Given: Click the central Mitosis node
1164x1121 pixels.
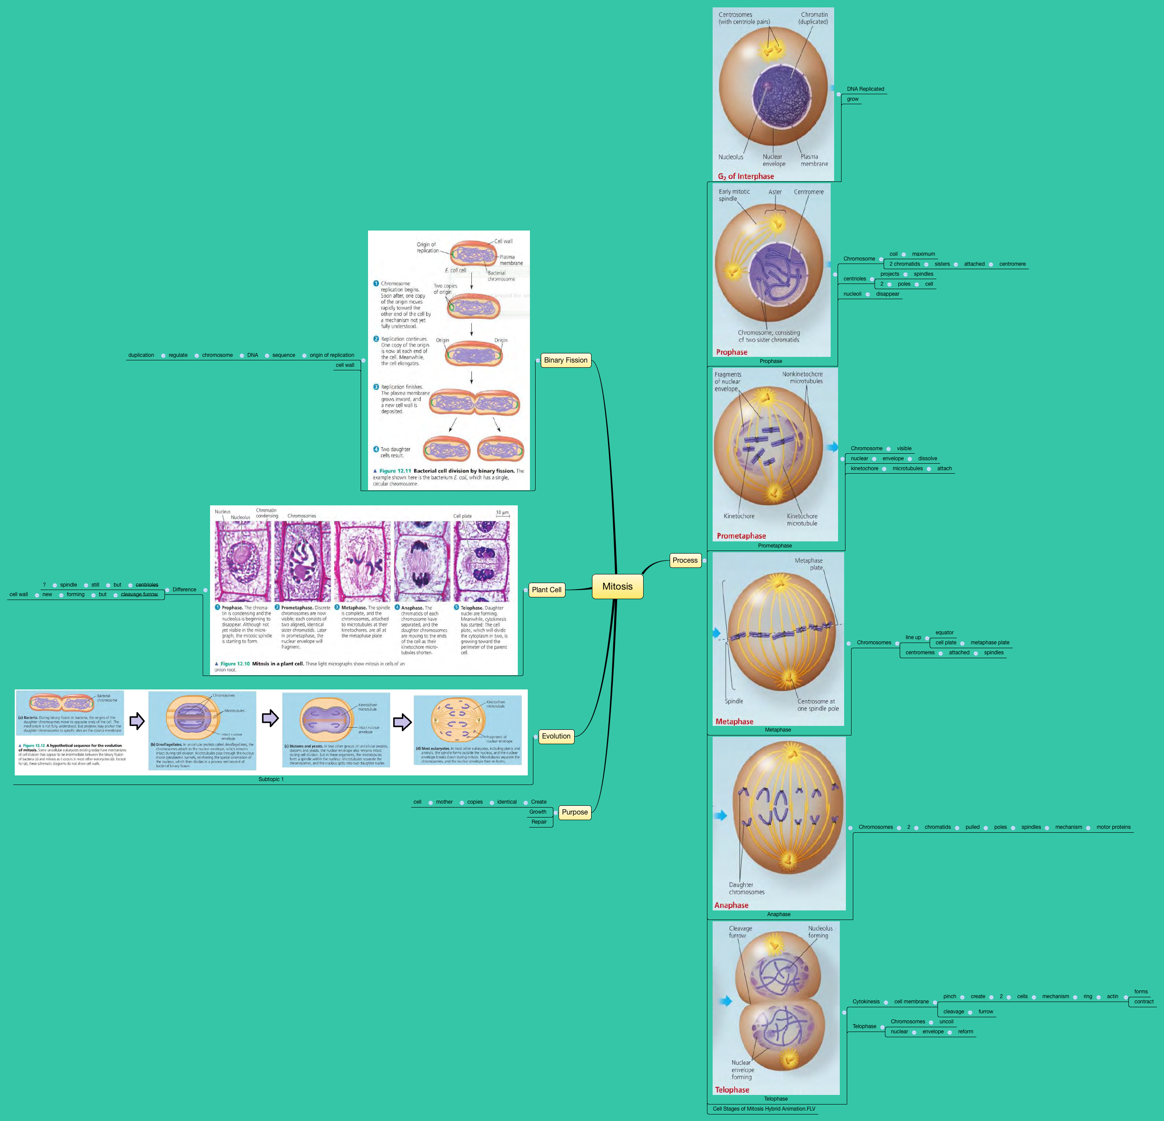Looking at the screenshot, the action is (x=617, y=587).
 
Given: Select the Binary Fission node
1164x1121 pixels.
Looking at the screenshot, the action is (x=566, y=360).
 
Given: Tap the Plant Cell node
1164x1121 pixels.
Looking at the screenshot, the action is (x=546, y=590).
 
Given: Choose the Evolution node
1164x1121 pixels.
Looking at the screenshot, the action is (x=556, y=736).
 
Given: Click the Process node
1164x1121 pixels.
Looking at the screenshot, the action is (x=685, y=560).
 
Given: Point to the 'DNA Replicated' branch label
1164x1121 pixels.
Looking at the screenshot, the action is (x=865, y=89).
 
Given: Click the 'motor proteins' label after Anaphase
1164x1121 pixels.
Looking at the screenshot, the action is (x=1113, y=827).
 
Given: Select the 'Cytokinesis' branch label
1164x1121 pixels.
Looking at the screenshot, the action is (x=866, y=1002).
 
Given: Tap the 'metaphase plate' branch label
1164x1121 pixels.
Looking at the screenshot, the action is (x=990, y=643).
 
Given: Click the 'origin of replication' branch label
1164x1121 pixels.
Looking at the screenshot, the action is (x=332, y=355).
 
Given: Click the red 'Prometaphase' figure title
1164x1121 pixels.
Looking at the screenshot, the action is (x=741, y=536).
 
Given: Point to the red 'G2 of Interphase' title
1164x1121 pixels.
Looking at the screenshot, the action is (x=746, y=176).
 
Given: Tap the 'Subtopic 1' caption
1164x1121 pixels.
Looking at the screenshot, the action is (x=271, y=779).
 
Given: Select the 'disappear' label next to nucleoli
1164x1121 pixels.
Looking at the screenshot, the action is (x=887, y=294).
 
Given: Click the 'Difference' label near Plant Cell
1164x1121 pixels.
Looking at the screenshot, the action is (x=184, y=590).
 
